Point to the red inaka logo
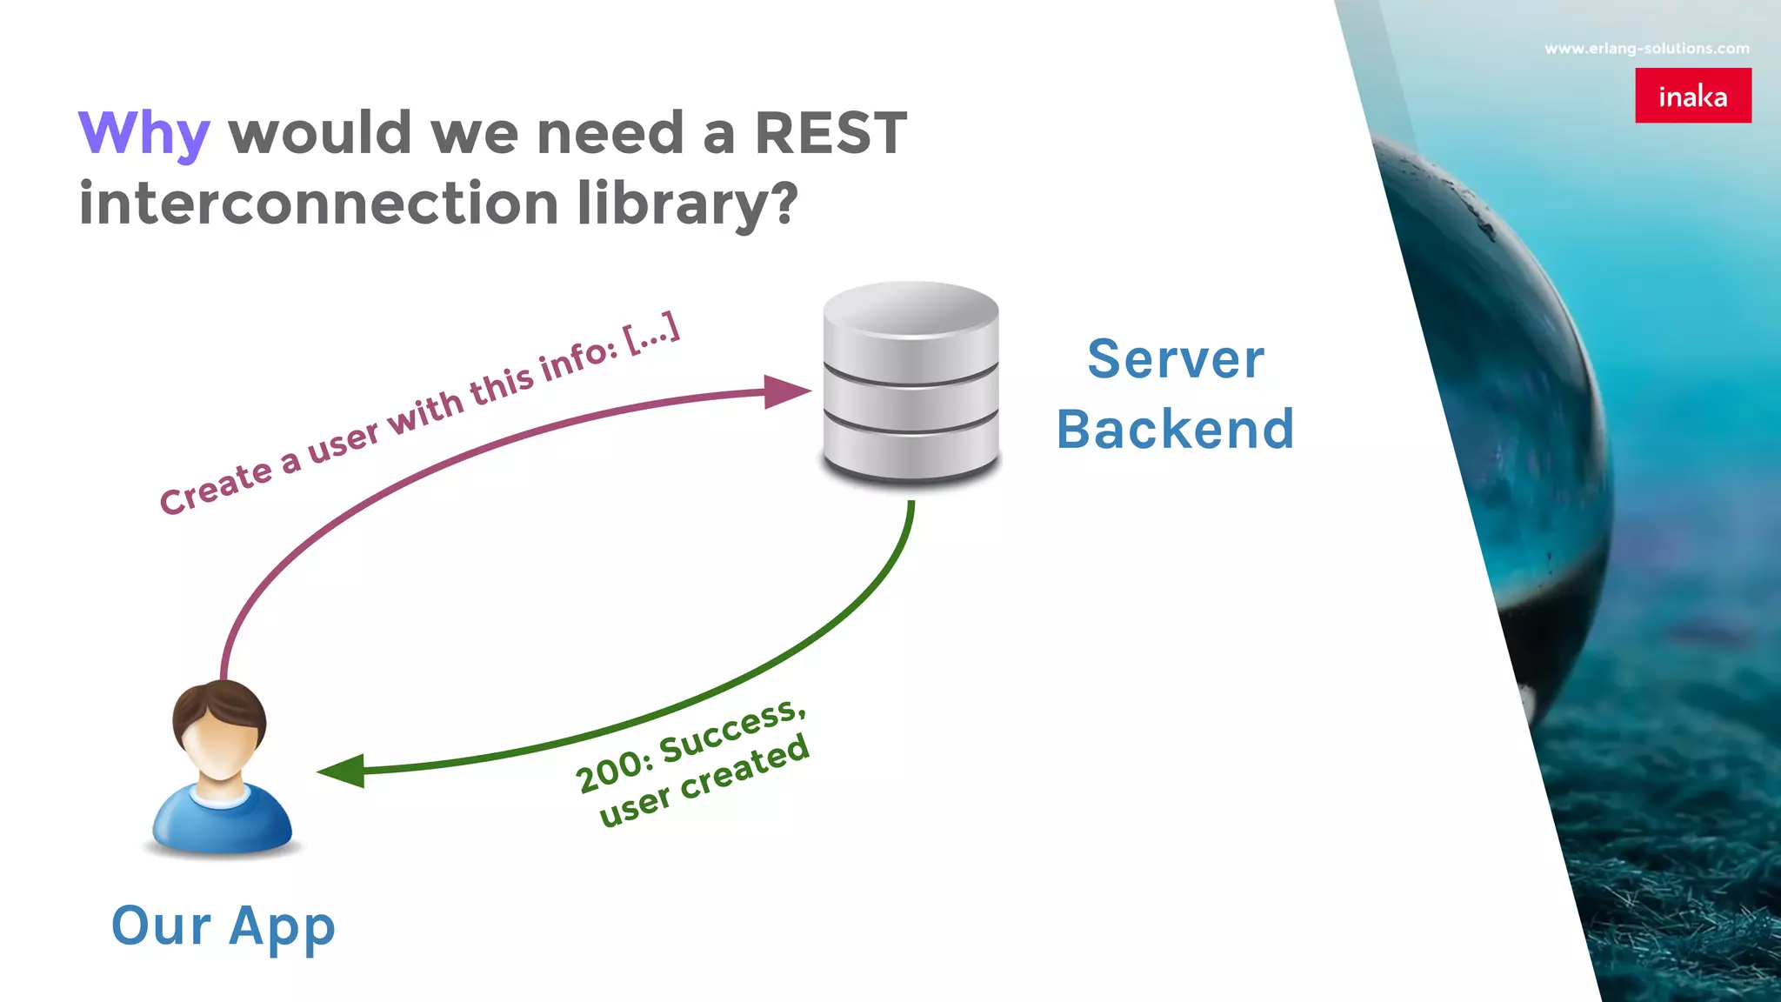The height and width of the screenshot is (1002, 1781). tap(1692, 96)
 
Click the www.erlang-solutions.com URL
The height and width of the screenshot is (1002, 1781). tap(1647, 49)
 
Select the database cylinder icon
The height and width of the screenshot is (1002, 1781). tap(911, 383)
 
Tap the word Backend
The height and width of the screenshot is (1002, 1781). tap(1176, 429)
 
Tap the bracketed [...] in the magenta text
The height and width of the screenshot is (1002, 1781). tap(652, 331)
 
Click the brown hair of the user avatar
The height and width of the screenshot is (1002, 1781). tap(219, 701)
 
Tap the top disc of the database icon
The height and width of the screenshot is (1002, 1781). tap(911, 309)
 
